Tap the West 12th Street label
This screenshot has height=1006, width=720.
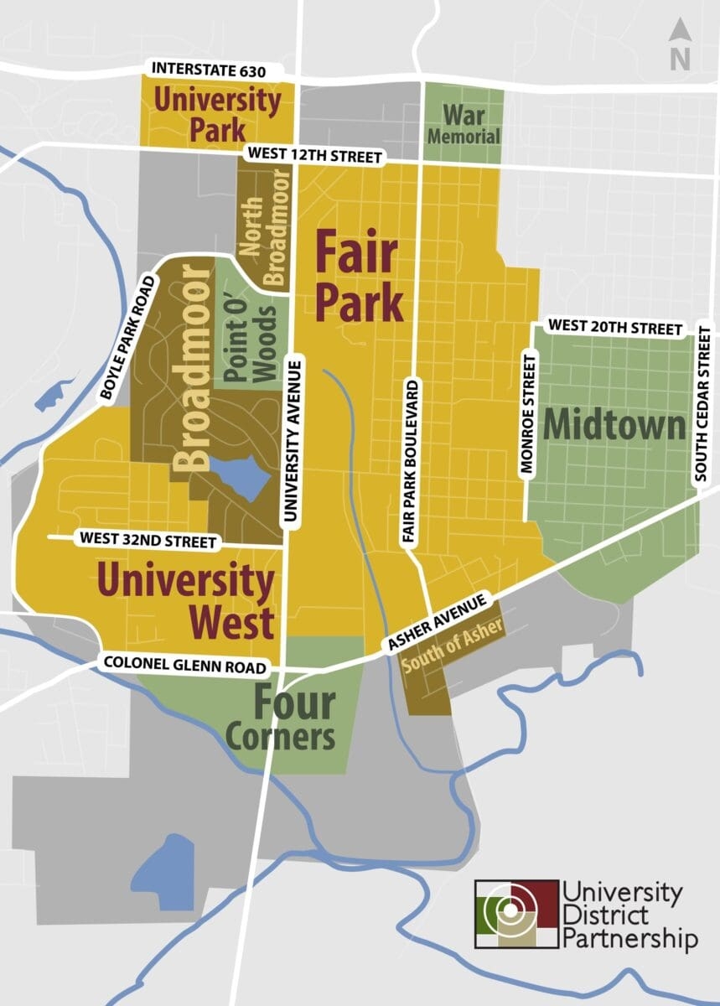click(x=313, y=156)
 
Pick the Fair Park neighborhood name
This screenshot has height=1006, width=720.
click(x=359, y=277)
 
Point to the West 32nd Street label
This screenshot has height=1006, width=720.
click(x=148, y=542)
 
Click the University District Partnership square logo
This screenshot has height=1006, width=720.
click(x=516, y=914)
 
